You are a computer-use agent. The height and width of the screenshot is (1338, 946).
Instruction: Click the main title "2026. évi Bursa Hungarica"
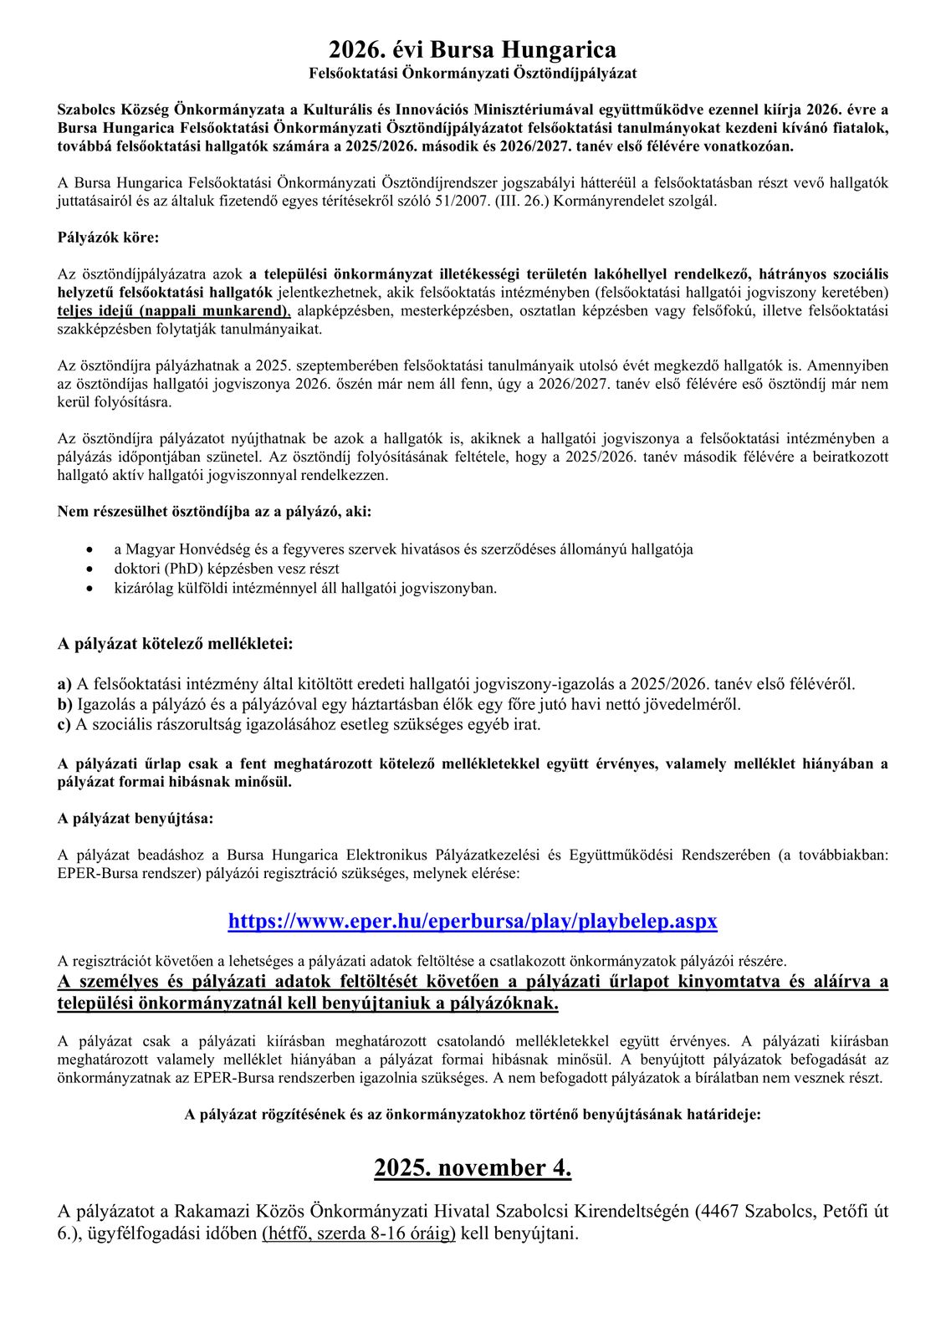click(473, 50)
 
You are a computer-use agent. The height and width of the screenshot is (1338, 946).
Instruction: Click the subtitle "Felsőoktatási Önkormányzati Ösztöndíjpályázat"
click(473, 74)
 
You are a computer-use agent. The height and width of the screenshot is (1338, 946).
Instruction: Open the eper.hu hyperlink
click(473, 921)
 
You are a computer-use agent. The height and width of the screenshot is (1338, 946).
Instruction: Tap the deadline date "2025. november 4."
click(473, 1167)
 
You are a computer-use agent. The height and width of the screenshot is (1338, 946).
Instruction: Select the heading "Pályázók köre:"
click(108, 237)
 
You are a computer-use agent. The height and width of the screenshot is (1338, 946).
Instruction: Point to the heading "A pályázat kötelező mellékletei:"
click(175, 644)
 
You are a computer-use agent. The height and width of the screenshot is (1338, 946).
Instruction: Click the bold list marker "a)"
click(64, 684)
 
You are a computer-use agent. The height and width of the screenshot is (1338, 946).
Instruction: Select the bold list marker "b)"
click(65, 704)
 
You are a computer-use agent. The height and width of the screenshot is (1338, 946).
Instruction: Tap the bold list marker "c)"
click(64, 724)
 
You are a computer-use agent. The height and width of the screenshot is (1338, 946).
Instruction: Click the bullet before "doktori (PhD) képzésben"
click(90, 569)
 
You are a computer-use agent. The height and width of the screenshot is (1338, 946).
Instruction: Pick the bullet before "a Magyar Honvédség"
click(90, 549)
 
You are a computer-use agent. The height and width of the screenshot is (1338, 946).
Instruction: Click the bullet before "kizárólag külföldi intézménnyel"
click(90, 588)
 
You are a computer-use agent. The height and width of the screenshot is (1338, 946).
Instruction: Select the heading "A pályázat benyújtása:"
click(136, 818)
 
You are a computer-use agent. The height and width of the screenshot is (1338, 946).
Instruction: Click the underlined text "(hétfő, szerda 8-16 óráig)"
click(359, 1233)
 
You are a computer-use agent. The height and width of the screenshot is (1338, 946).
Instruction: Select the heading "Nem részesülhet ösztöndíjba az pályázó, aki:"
click(215, 511)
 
